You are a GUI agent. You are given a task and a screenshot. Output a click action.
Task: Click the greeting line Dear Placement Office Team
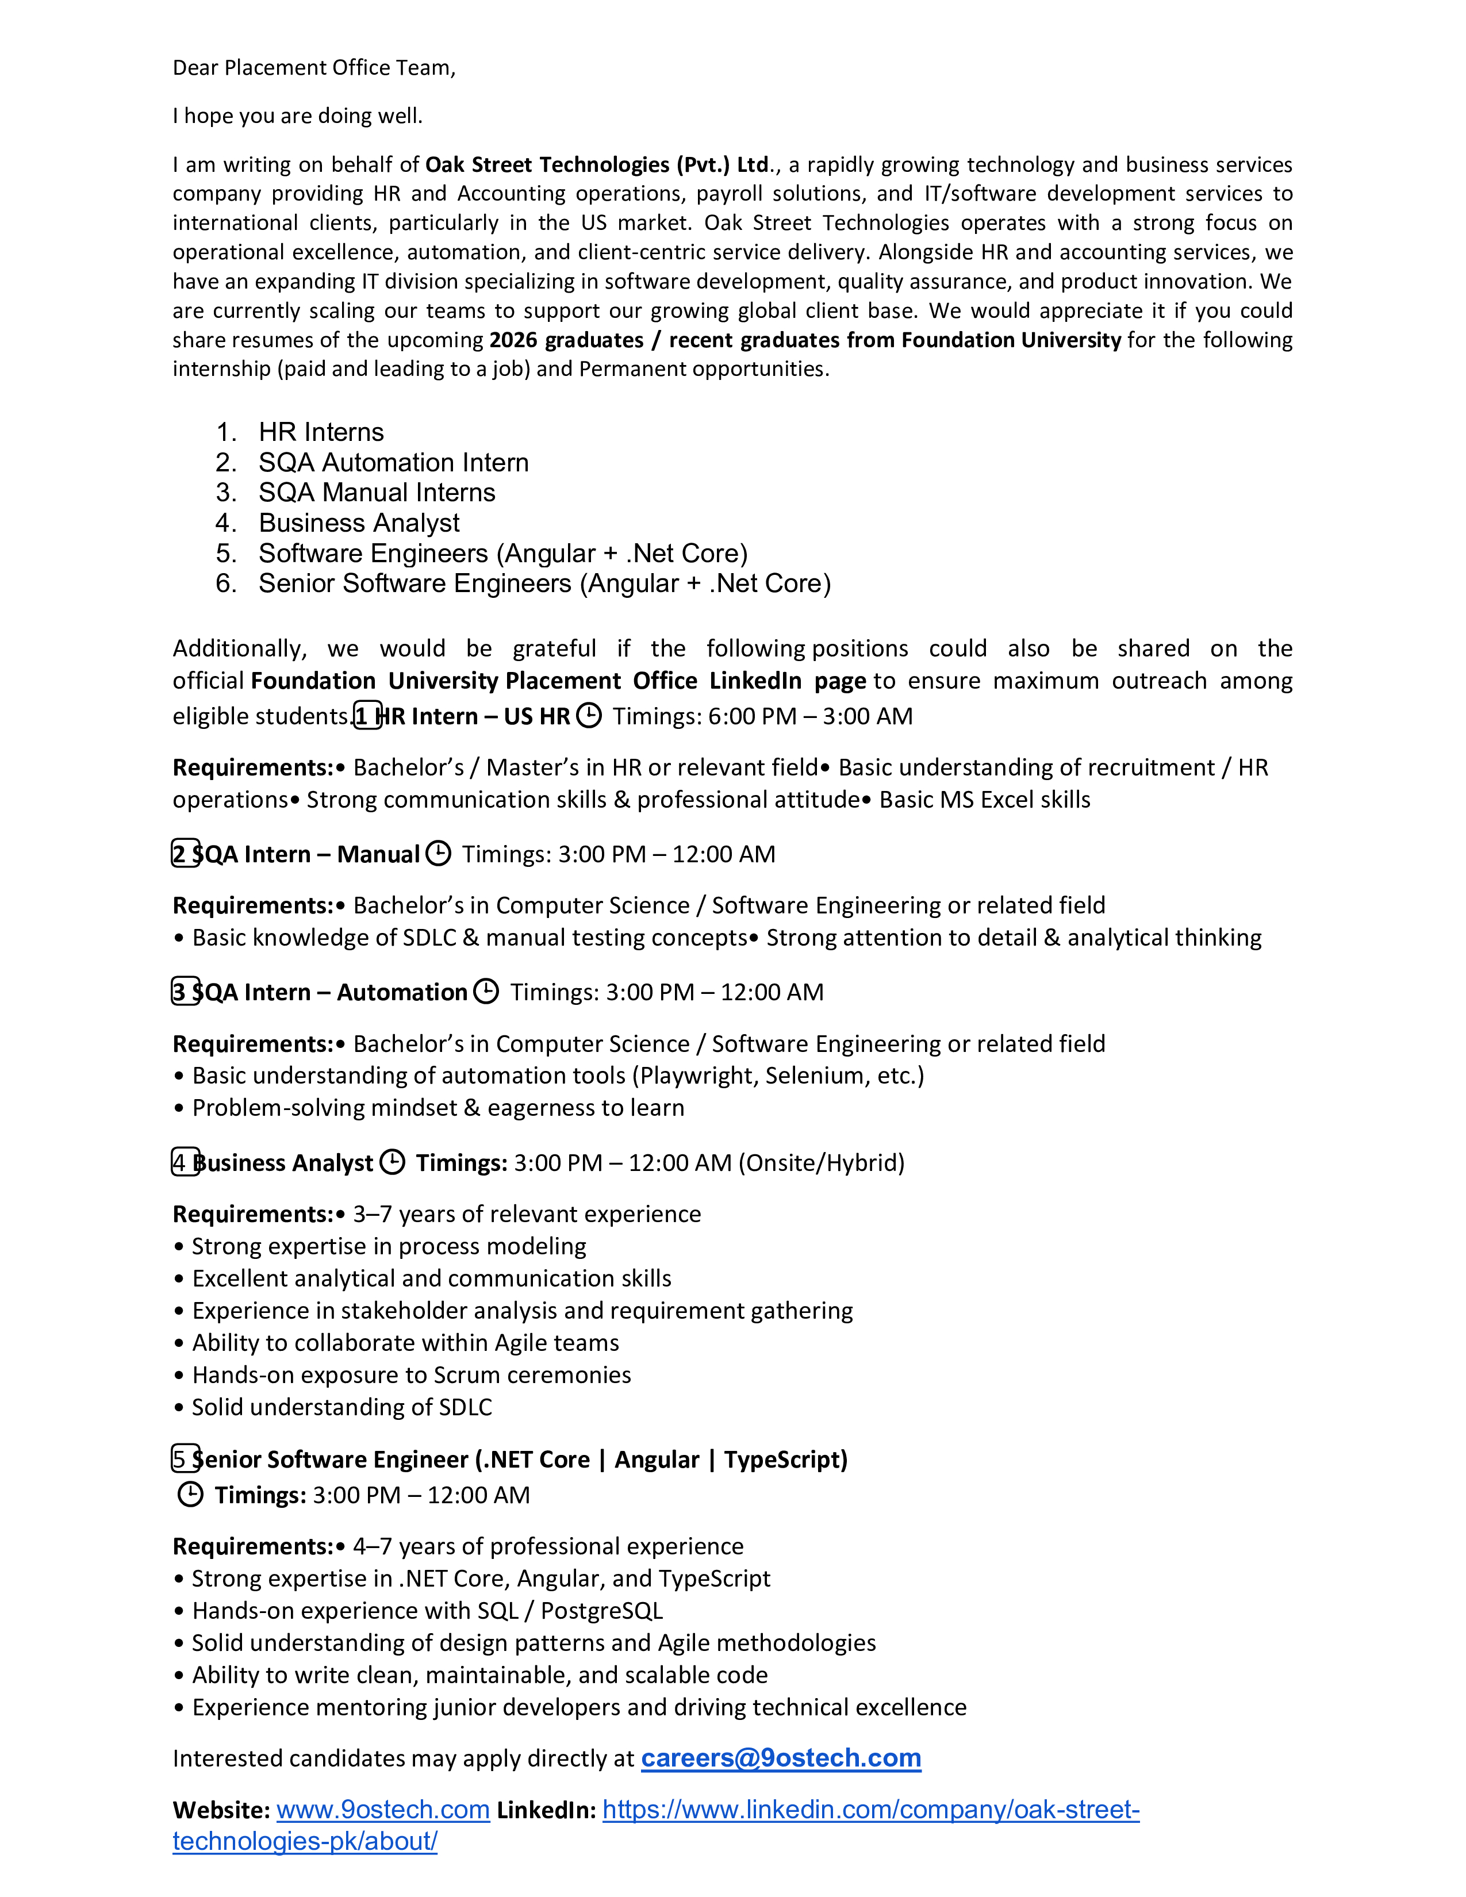(313, 68)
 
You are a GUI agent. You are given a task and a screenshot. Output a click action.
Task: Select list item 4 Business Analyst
(359, 523)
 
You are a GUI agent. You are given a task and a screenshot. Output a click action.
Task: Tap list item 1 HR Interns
(320, 432)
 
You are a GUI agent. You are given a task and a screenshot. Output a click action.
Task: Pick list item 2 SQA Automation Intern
(393, 462)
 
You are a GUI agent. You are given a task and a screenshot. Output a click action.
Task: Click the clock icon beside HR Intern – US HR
(589, 716)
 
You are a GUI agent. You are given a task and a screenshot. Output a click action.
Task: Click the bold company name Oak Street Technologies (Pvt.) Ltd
(597, 165)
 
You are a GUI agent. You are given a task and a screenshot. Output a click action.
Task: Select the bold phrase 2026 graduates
(566, 340)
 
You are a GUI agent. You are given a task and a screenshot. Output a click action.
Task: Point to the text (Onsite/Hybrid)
(821, 1163)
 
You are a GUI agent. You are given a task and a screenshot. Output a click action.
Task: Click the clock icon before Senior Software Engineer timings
(190, 1495)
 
